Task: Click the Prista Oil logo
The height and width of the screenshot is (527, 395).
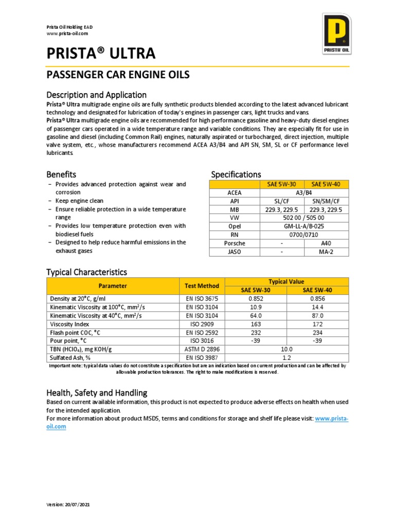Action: (336, 30)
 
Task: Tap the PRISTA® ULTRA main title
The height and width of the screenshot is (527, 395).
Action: (101, 54)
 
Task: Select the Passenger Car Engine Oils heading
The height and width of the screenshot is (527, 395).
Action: (118, 75)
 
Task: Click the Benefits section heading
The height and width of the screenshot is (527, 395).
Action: (61, 174)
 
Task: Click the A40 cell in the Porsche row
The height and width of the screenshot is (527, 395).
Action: (326, 243)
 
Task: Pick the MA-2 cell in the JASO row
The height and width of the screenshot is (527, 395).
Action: (326, 252)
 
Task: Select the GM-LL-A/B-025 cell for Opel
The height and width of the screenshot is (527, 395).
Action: (304, 226)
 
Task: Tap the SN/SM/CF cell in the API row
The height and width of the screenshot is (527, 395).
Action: (326, 201)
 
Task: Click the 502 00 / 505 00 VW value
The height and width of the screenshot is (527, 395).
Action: (304, 218)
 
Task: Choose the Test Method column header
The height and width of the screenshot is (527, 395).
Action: (202, 286)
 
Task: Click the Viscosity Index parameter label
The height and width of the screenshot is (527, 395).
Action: (69, 324)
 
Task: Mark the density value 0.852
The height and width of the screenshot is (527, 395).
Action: (256, 298)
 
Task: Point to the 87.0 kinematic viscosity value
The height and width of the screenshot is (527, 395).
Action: (317, 315)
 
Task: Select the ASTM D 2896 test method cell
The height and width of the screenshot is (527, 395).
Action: (202, 349)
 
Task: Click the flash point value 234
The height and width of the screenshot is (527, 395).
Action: (317, 332)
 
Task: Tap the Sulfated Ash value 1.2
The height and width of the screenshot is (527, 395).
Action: (286, 357)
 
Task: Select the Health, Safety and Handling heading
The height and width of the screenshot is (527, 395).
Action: (97, 393)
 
